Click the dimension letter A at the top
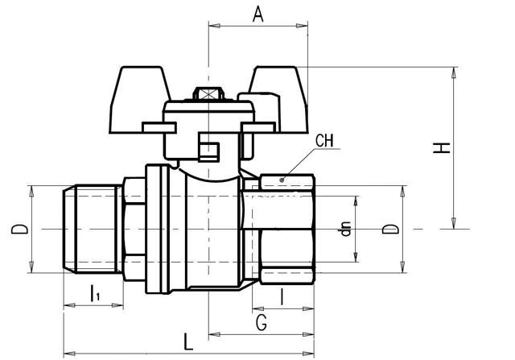point(257,14)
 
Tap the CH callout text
point(324,142)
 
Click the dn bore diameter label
point(347,230)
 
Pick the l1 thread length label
point(94,292)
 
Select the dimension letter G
point(261,324)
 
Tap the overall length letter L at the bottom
point(187,341)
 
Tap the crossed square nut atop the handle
point(208,94)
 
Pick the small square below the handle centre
point(208,151)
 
